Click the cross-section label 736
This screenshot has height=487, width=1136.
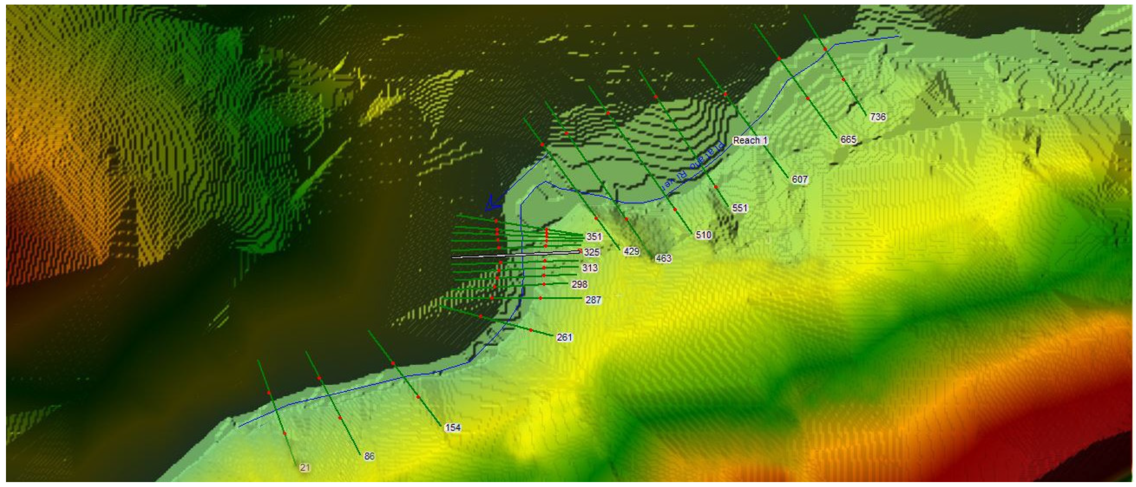pyautogui.click(x=877, y=117)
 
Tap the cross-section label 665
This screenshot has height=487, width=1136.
pyautogui.click(x=848, y=140)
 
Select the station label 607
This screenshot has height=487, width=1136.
pyautogui.click(x=800, y=179)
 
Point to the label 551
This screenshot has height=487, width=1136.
pyautogui.click(x=739, y=208)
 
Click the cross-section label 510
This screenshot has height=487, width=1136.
pyautogui.click(x=703, y=234)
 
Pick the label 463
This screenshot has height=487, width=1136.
pyautogui.click(x=663, y=258)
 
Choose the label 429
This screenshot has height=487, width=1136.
pyautogui.click(x=631, y=251)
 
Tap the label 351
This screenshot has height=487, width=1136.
pyautogui.click(x=594, y=236)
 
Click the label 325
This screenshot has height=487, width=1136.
pyautogui.click(x=592, y=252)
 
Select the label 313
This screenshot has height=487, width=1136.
pyautogui.click(x=590, y=268)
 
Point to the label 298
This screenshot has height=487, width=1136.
pyautogui.click(x=579, y=284)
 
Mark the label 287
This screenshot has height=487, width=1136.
pyautogui.click(x=593, y=300)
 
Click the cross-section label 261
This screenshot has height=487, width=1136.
pyautogui.click(x=564, y=337)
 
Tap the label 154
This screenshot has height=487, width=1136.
pyautogui.click(x=452, y=427)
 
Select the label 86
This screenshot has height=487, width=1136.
pyautogui.click(x=369, y=456)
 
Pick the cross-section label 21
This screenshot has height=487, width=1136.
pyautogui.click(x=305, y=467)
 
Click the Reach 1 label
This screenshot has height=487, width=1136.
pyautogui.click(x=750, y=141)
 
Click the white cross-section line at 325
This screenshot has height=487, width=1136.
pyautogui.click(x=502, y=256)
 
